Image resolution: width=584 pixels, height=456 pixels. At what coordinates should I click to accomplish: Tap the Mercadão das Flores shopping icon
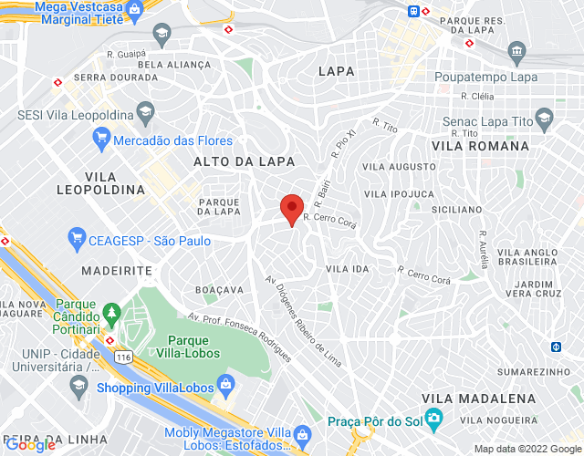102,140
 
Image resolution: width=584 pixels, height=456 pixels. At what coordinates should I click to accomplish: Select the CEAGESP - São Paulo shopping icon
77,241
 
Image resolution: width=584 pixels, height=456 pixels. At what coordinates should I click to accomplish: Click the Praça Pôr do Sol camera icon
433,421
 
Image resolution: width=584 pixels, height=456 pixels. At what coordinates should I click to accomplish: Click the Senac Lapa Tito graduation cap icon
545,118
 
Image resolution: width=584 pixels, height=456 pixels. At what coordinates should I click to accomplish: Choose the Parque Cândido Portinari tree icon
112,312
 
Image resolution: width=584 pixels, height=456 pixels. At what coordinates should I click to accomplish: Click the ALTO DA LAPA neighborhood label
244,161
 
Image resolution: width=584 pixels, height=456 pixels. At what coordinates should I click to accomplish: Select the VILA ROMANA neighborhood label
480,146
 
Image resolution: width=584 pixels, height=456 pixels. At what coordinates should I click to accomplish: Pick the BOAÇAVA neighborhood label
220,290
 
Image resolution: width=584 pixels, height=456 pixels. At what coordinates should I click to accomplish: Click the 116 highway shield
122,357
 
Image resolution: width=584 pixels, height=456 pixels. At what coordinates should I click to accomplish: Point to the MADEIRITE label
116,271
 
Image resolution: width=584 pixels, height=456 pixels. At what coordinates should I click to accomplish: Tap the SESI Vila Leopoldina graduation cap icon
144,115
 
